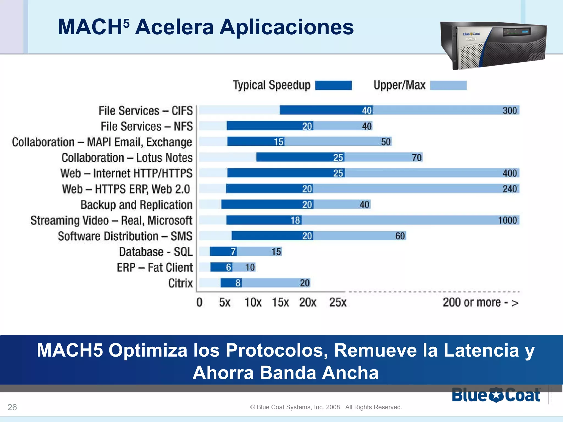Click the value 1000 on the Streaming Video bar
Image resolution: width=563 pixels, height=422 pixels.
[507, 220]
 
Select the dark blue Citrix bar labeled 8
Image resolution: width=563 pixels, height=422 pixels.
[231, 283]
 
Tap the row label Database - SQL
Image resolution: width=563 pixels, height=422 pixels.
[156, 252]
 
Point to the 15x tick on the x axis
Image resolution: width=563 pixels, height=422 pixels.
[280, 302]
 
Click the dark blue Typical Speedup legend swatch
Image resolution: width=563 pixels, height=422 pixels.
[333, 85]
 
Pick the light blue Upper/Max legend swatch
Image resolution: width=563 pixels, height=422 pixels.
[448, 85]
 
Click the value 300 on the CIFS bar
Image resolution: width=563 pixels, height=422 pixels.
[510, 110]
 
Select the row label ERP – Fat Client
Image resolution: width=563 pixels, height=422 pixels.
[155, 267]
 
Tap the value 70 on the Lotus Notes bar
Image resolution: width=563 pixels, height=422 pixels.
[417, 157]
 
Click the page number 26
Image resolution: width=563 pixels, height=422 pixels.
[12, 407]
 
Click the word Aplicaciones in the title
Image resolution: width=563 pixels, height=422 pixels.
[286, 27]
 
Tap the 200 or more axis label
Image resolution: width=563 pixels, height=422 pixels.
[480, 302]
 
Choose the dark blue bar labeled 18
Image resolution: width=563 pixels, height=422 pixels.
[264, 220]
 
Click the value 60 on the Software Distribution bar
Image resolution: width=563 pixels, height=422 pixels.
[400, 236]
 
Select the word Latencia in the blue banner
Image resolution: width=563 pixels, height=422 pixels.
[481, 350]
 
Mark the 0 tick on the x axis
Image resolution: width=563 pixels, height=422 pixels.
[199, 302]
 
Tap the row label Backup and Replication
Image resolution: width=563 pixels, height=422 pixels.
[136, 205]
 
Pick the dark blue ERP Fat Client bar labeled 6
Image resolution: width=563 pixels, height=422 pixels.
[221, 267]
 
